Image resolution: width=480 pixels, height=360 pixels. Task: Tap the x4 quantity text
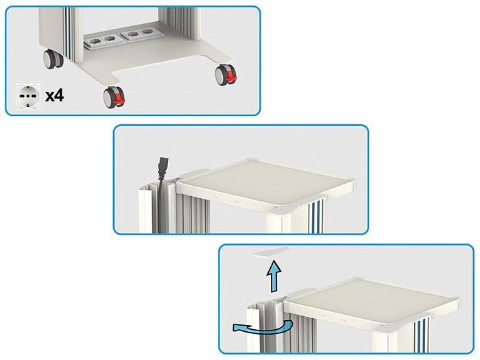click(54, 95)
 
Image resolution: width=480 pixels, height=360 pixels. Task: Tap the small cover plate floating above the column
click(272, 252)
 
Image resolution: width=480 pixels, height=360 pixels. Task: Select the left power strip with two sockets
click(102, 41)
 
